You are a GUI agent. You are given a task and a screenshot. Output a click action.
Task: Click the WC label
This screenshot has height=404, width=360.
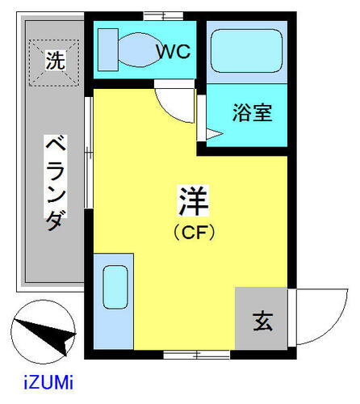click(173, 53)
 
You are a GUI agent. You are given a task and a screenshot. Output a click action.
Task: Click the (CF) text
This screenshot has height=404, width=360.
click(194, 233)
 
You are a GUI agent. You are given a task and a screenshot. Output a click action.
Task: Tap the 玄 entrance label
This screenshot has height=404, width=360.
click(264, 321)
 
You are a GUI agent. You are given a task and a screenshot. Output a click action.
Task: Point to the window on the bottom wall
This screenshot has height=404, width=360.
click(185, 354)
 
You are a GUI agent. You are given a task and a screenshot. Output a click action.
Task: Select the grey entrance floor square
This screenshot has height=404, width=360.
click(262, 320)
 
